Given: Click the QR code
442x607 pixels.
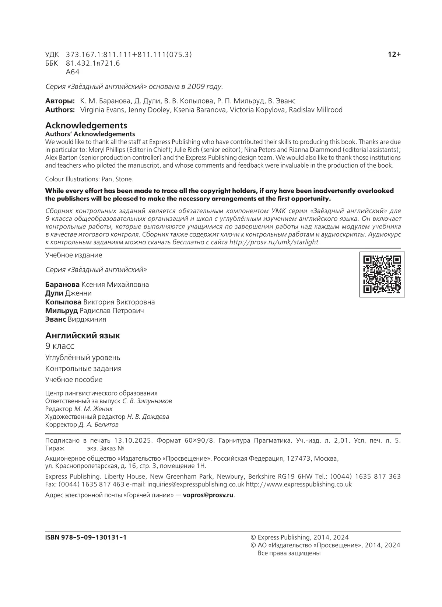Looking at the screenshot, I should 382,274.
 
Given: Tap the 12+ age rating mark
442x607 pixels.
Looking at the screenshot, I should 394,55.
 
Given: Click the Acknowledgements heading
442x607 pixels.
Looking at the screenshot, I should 86,125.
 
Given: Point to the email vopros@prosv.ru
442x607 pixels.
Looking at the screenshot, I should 208,495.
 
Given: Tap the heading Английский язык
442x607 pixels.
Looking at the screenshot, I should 83,335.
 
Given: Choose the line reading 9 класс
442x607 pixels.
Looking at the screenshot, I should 60,346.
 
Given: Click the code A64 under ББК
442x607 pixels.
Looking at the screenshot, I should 73,72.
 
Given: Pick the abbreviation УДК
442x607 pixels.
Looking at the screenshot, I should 52,55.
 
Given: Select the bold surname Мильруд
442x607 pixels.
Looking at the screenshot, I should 62,311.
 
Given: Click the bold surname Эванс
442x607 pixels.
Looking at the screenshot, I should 56,319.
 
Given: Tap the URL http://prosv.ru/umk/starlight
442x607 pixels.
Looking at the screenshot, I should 274,242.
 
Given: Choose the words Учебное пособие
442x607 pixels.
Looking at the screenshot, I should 74,379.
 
